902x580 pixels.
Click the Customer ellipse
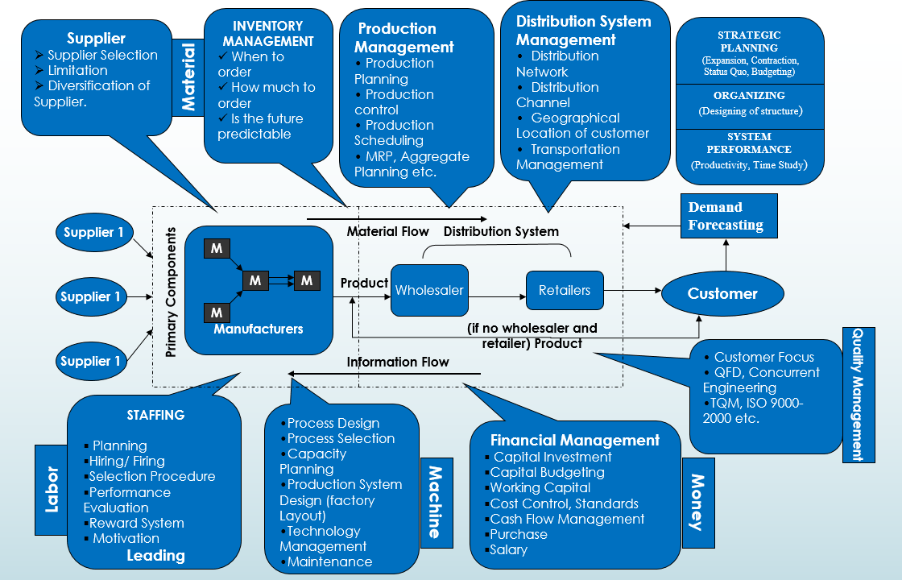click(722, 294)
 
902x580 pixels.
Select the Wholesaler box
click(429, 291)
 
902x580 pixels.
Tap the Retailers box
click(565, 290)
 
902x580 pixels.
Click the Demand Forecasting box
click(729, 216)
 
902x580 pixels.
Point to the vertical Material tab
click(188, 77)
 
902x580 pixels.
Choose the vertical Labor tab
click(52, 489)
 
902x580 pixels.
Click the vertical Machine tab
click(434, 502)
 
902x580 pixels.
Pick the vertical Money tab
click(697, 502)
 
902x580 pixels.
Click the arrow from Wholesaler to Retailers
click(497, 297)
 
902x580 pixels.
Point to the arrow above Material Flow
click(396, 218)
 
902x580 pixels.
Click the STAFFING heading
click(155, 415)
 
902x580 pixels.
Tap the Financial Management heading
click(574, 440)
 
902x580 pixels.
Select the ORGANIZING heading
click(749, 95)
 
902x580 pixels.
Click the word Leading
click(155, 555)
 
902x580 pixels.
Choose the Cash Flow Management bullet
click(567, 519)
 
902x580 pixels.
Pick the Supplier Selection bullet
click(102, 55)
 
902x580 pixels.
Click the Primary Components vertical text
click(171, 292)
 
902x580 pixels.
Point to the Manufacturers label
click(258, 329)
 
